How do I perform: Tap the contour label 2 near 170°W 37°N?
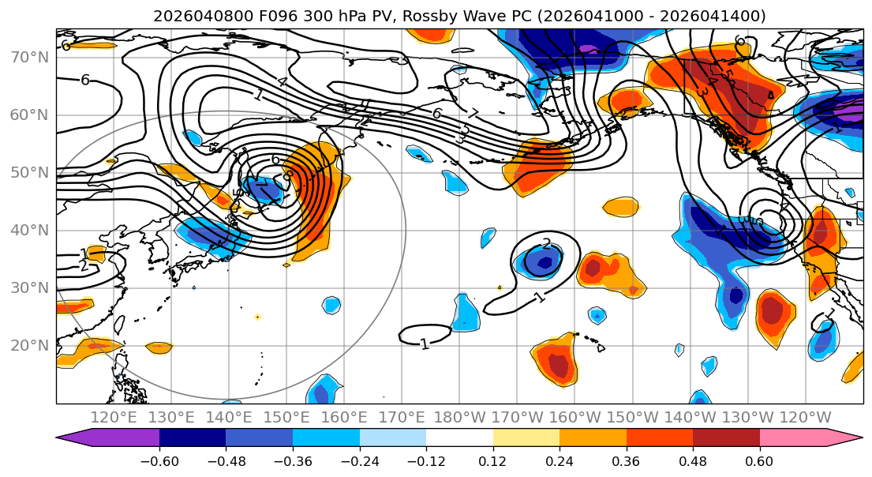click(546, 243)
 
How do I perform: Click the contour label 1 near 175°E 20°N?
click(425, 344)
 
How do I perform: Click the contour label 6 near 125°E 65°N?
click(84, 79)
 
